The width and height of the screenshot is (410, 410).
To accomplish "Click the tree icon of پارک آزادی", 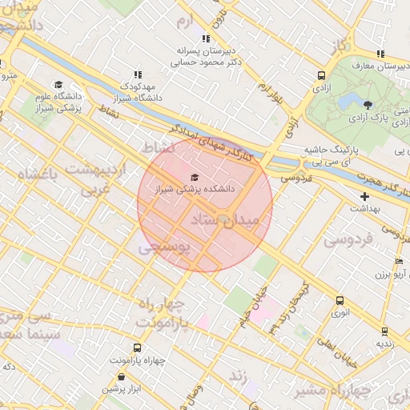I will [x=368, y=104].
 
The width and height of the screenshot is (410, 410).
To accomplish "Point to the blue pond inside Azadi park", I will [x=349, y=103].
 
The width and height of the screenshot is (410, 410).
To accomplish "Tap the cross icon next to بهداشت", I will [x=365, y=195].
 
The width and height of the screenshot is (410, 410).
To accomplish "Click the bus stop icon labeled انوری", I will [x=340, y=301].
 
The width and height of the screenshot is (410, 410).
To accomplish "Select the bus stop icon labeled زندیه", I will [x=384, y=331].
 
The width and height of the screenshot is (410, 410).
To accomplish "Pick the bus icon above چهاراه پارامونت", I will [x=137, y=348].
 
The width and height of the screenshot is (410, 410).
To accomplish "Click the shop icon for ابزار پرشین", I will [x=121, y=376].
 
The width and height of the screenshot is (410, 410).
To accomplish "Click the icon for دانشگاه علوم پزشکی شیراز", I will [x=58, y=84].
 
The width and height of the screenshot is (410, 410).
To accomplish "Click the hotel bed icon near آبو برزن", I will [x=399, y=262].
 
